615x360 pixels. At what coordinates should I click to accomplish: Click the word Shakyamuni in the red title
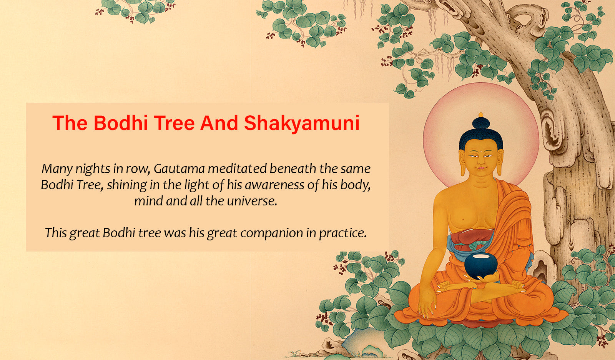click(x=302, y=123)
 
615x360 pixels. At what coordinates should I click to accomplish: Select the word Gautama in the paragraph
click(x=179, y=168)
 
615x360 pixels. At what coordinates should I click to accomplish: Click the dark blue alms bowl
click(x=480, y=266)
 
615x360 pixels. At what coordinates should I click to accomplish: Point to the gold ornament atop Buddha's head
click(x=481, y=115)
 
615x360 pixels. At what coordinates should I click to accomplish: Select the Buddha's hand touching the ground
click(x=426, y=308)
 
